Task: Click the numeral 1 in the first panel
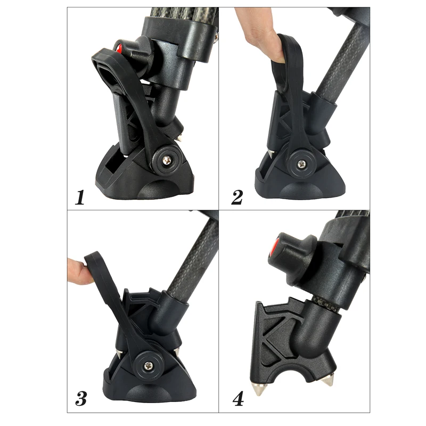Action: click(x=80, y=198)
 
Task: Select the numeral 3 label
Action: click(x=80, y=398)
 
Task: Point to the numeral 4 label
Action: click(x=237, y=398)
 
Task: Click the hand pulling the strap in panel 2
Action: click(x=261, y=40)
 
